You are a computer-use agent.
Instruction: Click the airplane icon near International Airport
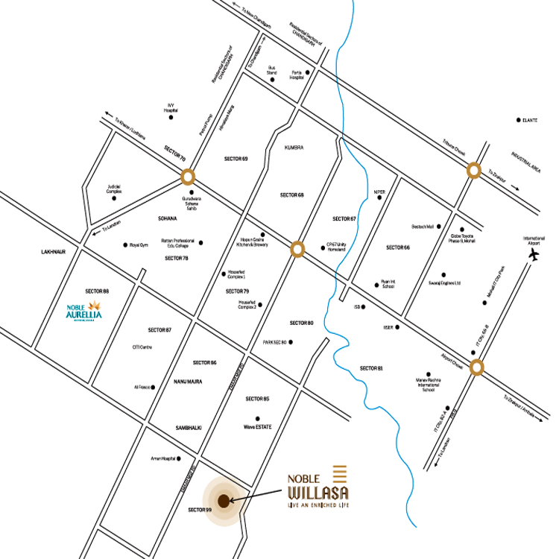click(534, 254)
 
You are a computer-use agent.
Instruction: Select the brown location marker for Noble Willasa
click(223, 501)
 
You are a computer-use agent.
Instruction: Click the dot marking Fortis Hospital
click(307, 73)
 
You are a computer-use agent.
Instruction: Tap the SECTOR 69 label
click(236, 160)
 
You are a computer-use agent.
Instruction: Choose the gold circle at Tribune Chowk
click(473, 171)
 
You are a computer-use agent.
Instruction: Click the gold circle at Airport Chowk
click(477, 366)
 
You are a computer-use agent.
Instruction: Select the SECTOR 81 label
click(370, 368)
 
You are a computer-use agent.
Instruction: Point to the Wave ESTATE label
click(256, 428)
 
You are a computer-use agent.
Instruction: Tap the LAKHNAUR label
click(54, 253)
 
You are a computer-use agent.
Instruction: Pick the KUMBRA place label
click(294, 148)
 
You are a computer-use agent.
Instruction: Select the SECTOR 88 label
click(97, 290)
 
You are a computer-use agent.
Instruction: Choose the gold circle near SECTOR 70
click(188, 177)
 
